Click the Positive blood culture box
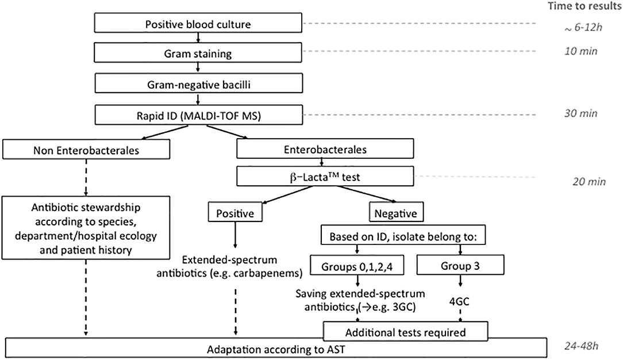tap(197, 25)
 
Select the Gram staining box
tap(197, 52)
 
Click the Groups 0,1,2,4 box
tap(358, 266)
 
